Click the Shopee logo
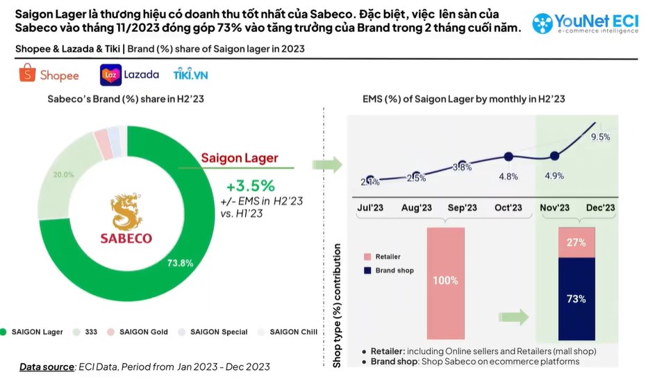[x=49, y=74]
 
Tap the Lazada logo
[x=130, y=74]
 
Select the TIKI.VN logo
[x=191, y=74]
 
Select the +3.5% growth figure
[x=251, y=186]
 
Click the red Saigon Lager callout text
[x=239, y=158]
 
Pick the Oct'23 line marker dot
[x=508, y=156]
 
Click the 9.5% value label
[x=600, y=137]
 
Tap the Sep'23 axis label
[x=462, y=208]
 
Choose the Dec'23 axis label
[x=601, y=208]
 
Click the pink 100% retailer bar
[x=445, y=280]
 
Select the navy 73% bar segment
[x=576, y=298]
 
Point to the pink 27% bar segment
[x=576, y=242]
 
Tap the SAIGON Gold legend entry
[x=138, y=332]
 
